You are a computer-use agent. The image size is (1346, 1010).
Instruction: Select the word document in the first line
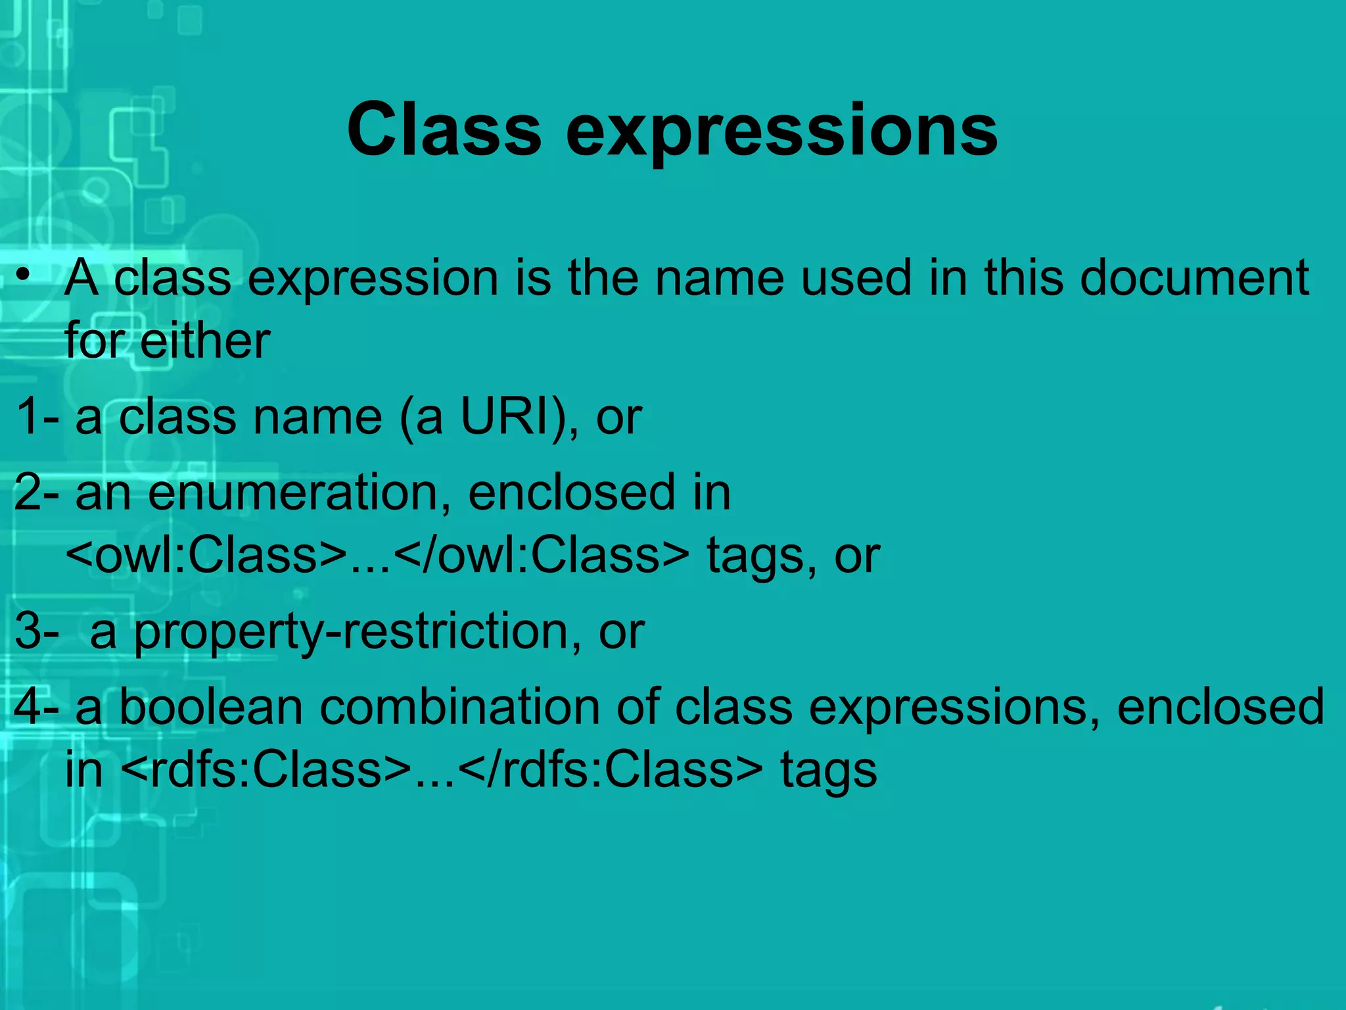pos(1194,277)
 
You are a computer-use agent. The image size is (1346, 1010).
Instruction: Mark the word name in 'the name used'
pos(719,277)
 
